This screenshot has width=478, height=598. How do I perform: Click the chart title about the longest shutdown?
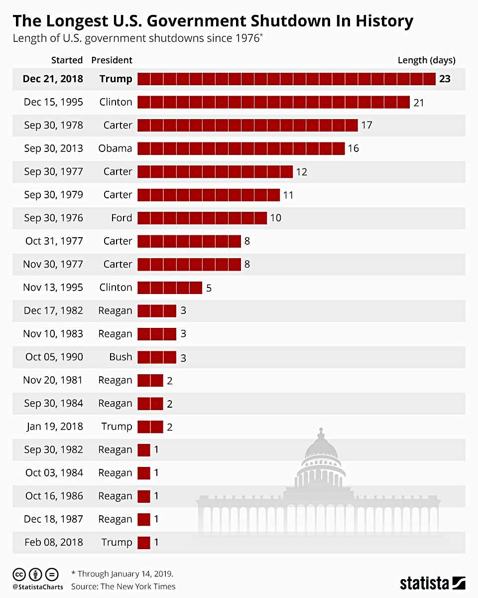coord(213,21)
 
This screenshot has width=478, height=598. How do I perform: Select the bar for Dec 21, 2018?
coord(286,79)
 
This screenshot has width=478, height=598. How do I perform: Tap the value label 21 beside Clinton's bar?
coord(418,102)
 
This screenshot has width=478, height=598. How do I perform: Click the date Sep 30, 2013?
coord(53,149)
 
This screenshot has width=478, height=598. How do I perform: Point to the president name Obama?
coord(115,149)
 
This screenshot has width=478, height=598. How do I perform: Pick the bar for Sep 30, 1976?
coord(202,218)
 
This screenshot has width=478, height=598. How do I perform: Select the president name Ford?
coord(121,218)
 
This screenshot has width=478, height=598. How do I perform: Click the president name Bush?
coord(120,357)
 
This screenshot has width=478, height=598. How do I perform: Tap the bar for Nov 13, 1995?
coord(169,288)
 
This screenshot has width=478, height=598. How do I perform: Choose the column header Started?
coord(67,60)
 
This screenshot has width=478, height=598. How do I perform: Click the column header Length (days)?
coord(426,60)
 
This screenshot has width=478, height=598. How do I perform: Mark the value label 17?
coord(366,125)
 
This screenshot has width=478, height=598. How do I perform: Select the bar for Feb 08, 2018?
coord(143,542)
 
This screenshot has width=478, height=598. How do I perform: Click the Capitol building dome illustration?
coord(321,448)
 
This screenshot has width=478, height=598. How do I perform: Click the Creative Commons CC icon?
coord(19,574)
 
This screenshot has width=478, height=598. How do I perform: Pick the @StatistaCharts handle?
coord(38,587)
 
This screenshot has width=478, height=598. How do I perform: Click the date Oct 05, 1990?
coord(54,357)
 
